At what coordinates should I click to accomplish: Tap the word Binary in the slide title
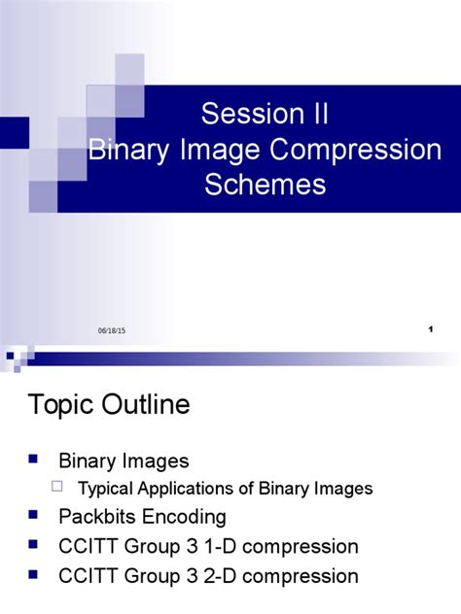point(123,150)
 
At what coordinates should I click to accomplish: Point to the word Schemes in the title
point(265,185)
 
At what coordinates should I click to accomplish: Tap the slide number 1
point(429,331)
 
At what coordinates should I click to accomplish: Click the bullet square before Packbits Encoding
point(34,514)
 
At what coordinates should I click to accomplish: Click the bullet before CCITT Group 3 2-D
point(34,574)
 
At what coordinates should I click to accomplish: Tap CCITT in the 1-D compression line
point(88,546)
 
